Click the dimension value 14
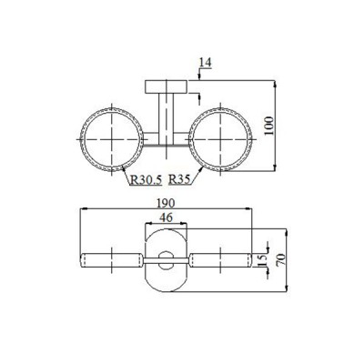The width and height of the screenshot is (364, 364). tap(204, 63)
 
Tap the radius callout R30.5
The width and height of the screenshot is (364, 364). tap(145, 179)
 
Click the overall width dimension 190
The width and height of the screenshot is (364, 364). tap(165, 207)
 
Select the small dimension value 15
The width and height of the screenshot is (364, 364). tap(265, 259)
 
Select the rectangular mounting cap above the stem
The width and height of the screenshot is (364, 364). tap(166, 86)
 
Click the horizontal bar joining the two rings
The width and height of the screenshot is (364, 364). tap(167, 143)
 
